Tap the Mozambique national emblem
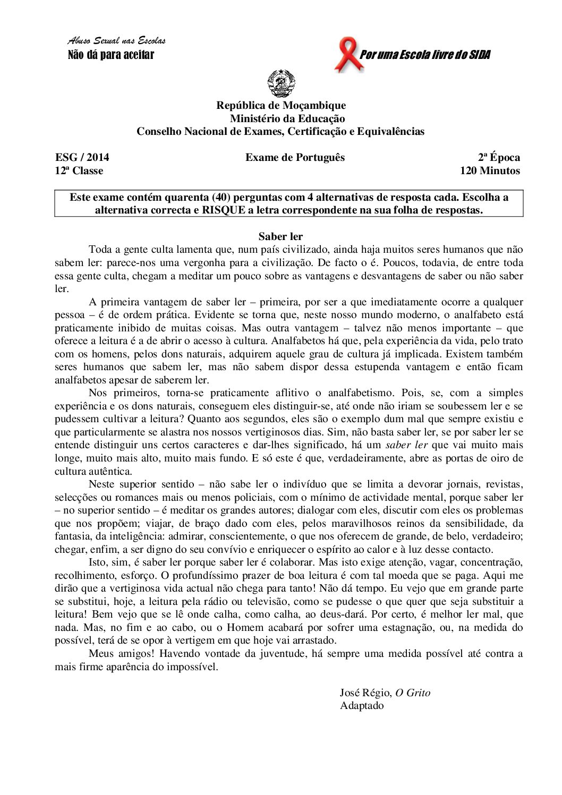[x=281, y=83]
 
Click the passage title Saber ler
[x=280, y=236]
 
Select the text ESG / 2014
[x=82, y=157]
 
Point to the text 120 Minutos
[x=490, y=170]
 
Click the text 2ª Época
[x=499, y=157]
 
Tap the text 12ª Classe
[x=79, y=170]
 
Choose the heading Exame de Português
[x=295, y=157]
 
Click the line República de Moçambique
[x=281, y=105]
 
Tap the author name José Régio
[x=365, y=693]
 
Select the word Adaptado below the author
[x=362, y=706]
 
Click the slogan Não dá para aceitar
[x=111, y=55]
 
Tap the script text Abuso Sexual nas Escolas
[x=117, y=41]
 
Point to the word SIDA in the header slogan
[x=480, y=55]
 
